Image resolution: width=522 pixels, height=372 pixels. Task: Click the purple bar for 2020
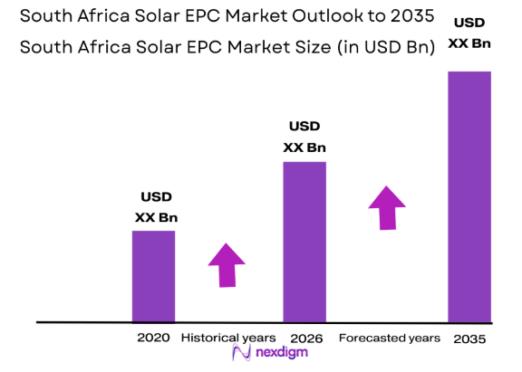point(153,276)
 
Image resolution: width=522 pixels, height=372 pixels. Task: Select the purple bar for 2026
point(304,242)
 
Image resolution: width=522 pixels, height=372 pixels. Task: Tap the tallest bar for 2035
point(469,196)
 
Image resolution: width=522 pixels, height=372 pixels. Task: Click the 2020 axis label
point(153,338)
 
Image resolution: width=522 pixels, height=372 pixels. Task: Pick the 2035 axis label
point(469,339)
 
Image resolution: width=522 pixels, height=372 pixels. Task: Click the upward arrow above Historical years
point(227,264)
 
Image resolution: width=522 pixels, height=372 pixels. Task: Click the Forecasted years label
point(390,338)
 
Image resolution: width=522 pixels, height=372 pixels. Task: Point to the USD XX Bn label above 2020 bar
point(156,207)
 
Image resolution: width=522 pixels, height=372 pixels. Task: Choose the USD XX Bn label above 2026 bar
point(304,138)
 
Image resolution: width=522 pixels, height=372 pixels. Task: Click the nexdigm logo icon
point(241,355)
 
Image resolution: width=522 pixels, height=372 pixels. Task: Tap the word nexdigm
point(276,355)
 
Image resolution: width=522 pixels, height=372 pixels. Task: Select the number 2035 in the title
point(399,17)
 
